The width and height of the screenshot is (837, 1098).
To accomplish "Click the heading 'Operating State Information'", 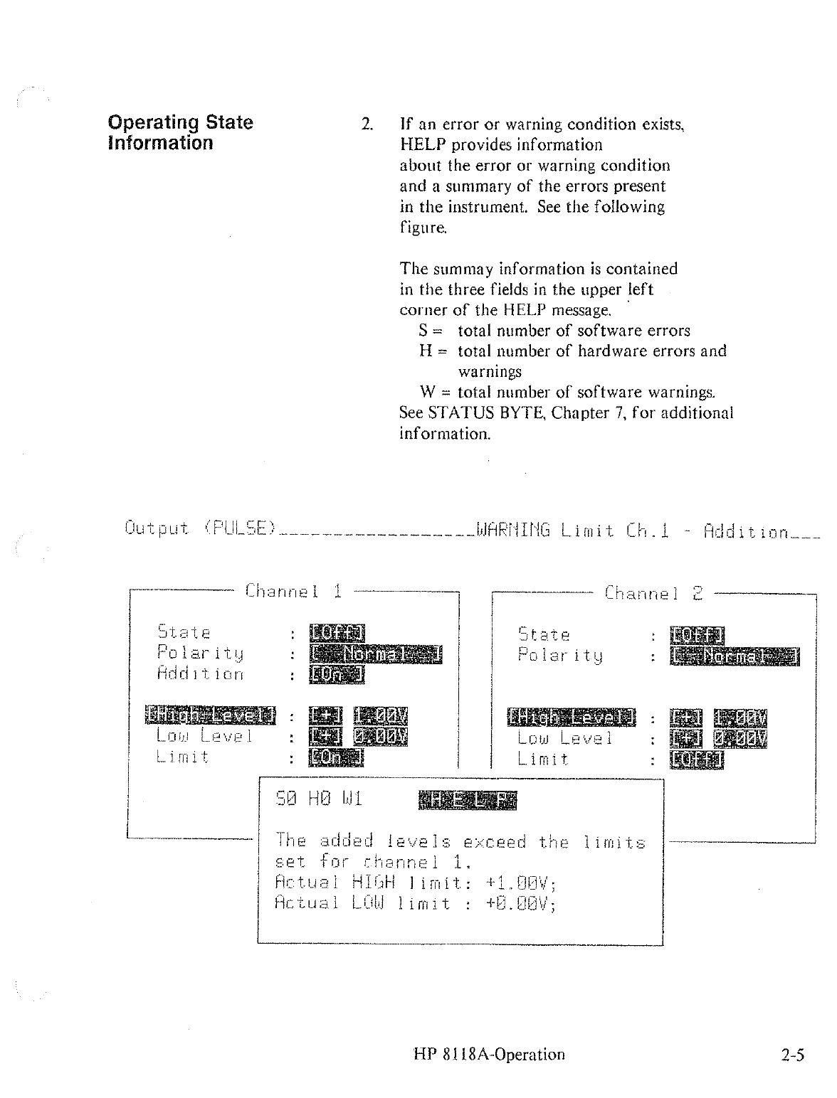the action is pos(180,132).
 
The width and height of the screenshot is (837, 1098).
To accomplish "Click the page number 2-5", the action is pos(791,1055).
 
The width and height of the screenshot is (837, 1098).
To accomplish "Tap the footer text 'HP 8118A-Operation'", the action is pos(488,1055).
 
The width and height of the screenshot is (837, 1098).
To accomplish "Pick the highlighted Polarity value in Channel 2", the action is pos(735,656).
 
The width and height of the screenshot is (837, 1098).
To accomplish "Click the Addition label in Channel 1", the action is pos(200,673).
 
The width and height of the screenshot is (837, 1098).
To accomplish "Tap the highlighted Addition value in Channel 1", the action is pos(337,673).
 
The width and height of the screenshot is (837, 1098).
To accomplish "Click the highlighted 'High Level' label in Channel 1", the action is pos(211,715).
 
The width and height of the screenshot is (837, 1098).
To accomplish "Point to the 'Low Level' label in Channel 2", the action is pos(565,738).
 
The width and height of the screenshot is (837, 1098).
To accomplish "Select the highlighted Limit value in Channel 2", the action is pos(697,759).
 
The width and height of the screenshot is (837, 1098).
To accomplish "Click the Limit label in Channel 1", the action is pos(182,757).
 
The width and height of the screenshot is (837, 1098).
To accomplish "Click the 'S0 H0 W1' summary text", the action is pos(318,799).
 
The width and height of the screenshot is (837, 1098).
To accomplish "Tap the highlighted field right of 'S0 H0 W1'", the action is pos(467,800).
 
